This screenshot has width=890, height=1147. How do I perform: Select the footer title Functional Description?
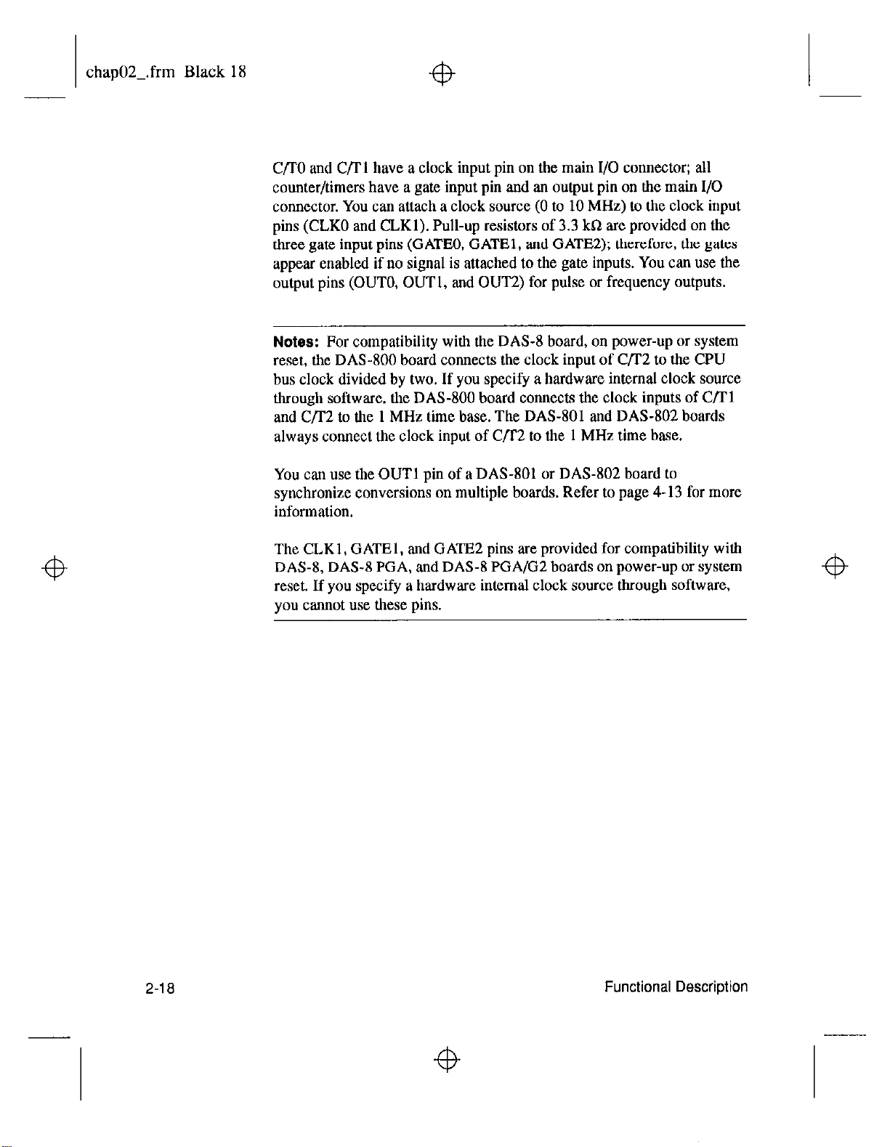point(676,987)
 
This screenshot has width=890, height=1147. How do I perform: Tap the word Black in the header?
point(206,72)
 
